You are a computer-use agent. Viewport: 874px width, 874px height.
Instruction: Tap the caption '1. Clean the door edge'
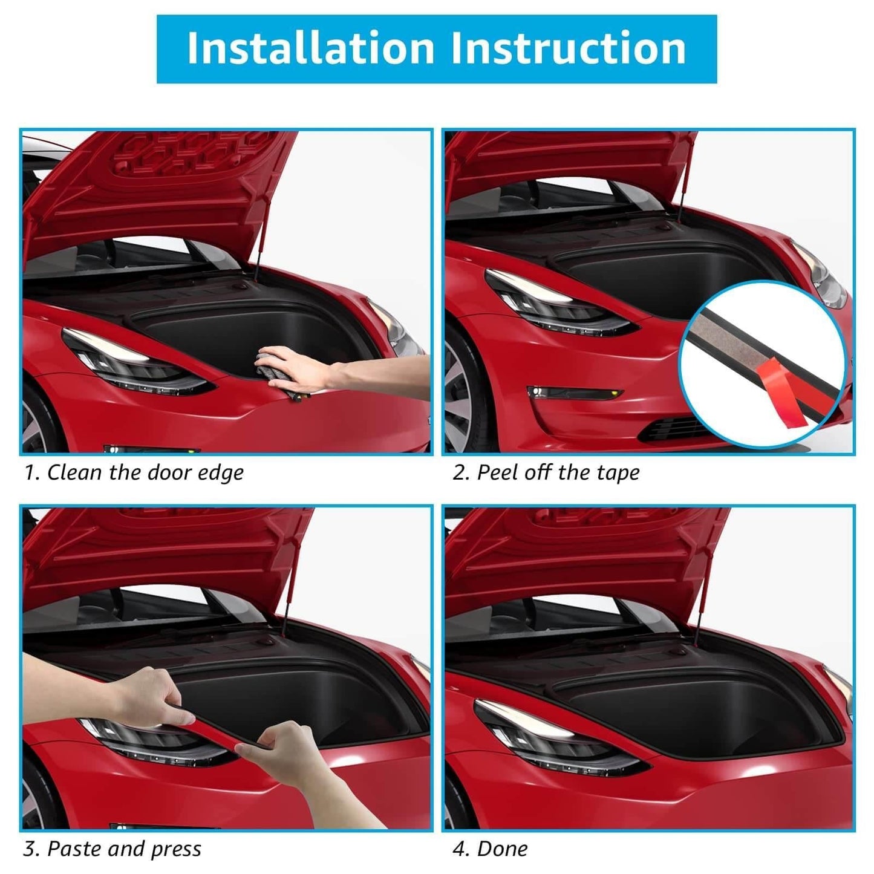pyautogui.click(x=134, y=472)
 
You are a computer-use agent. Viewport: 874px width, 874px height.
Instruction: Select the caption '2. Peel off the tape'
pyautogui.click(x=546, y=472)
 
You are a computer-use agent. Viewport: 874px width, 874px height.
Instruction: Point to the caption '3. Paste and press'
pyautogui.click(x=112, y=849)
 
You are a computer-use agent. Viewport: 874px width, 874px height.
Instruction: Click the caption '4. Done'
pyautogui.click(x=489, y=849)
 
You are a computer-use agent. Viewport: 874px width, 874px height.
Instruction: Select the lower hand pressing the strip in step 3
pyautogui.click(x=284, y=750)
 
